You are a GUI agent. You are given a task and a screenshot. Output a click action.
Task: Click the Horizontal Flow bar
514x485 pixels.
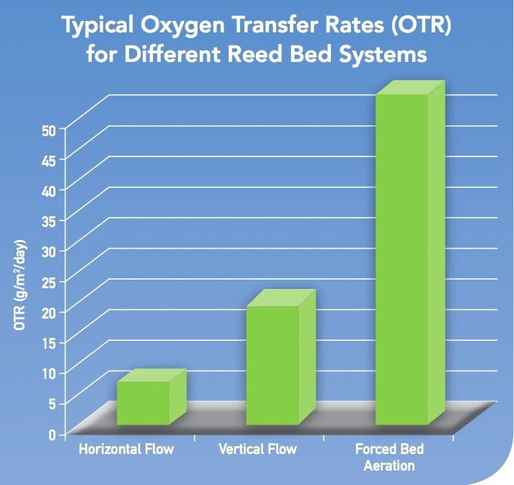[152, 397]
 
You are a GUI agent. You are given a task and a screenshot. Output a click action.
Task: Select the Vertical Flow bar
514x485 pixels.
[281, 357]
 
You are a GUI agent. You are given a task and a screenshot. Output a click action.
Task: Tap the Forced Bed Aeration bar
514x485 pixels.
[410, 252]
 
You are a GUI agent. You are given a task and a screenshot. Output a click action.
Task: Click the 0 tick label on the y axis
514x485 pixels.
[53, 435]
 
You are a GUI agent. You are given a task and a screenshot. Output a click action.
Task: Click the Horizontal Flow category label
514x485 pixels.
[126, 449]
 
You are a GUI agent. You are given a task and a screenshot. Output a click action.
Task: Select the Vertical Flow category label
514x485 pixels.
[257, 449]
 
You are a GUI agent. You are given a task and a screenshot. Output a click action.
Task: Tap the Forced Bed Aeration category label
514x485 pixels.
[389, 457]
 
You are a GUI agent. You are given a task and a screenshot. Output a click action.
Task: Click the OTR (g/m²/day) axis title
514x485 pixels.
[20, 285]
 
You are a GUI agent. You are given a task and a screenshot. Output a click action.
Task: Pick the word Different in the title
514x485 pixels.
[172, 54]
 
